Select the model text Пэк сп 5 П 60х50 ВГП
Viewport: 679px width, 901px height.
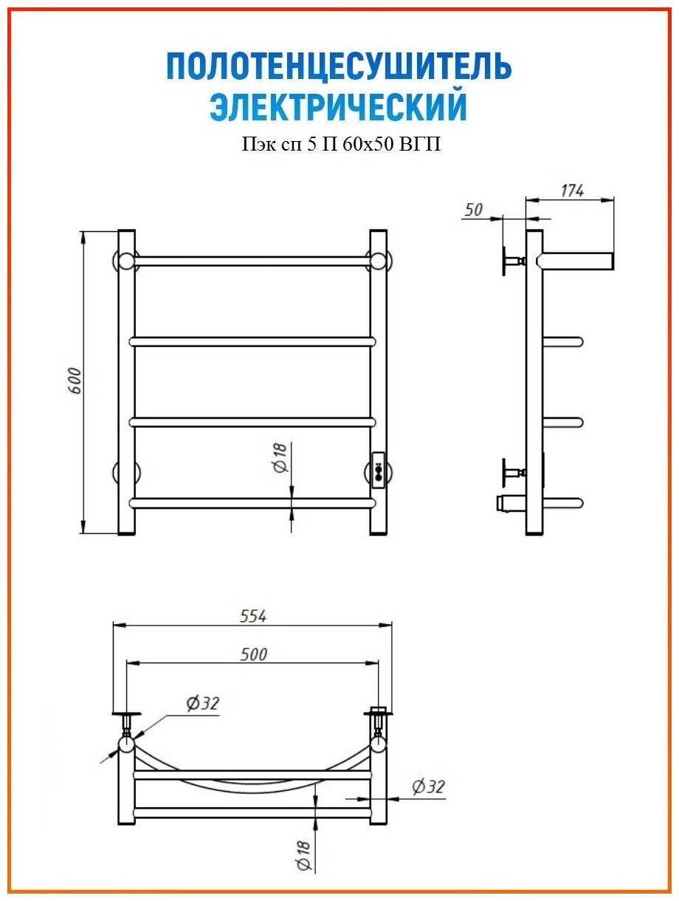pyautogui.click(x=341, y=145)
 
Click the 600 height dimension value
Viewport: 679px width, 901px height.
pyautogui.click(x=75, y=381)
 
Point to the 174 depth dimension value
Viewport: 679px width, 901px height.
pyautogui.click(x=572, y=191)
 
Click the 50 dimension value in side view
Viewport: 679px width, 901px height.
pyautogui.click(x=474, y=210)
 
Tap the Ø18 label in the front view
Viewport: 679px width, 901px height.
pyautogui.click(x=281, y=458)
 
